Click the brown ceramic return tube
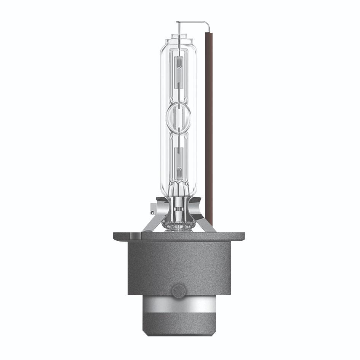coord(208,114)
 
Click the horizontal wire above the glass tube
coord(192,22)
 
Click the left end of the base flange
coord(116,236)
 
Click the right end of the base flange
coord(242,236)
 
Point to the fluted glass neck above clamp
coord(179,190)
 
